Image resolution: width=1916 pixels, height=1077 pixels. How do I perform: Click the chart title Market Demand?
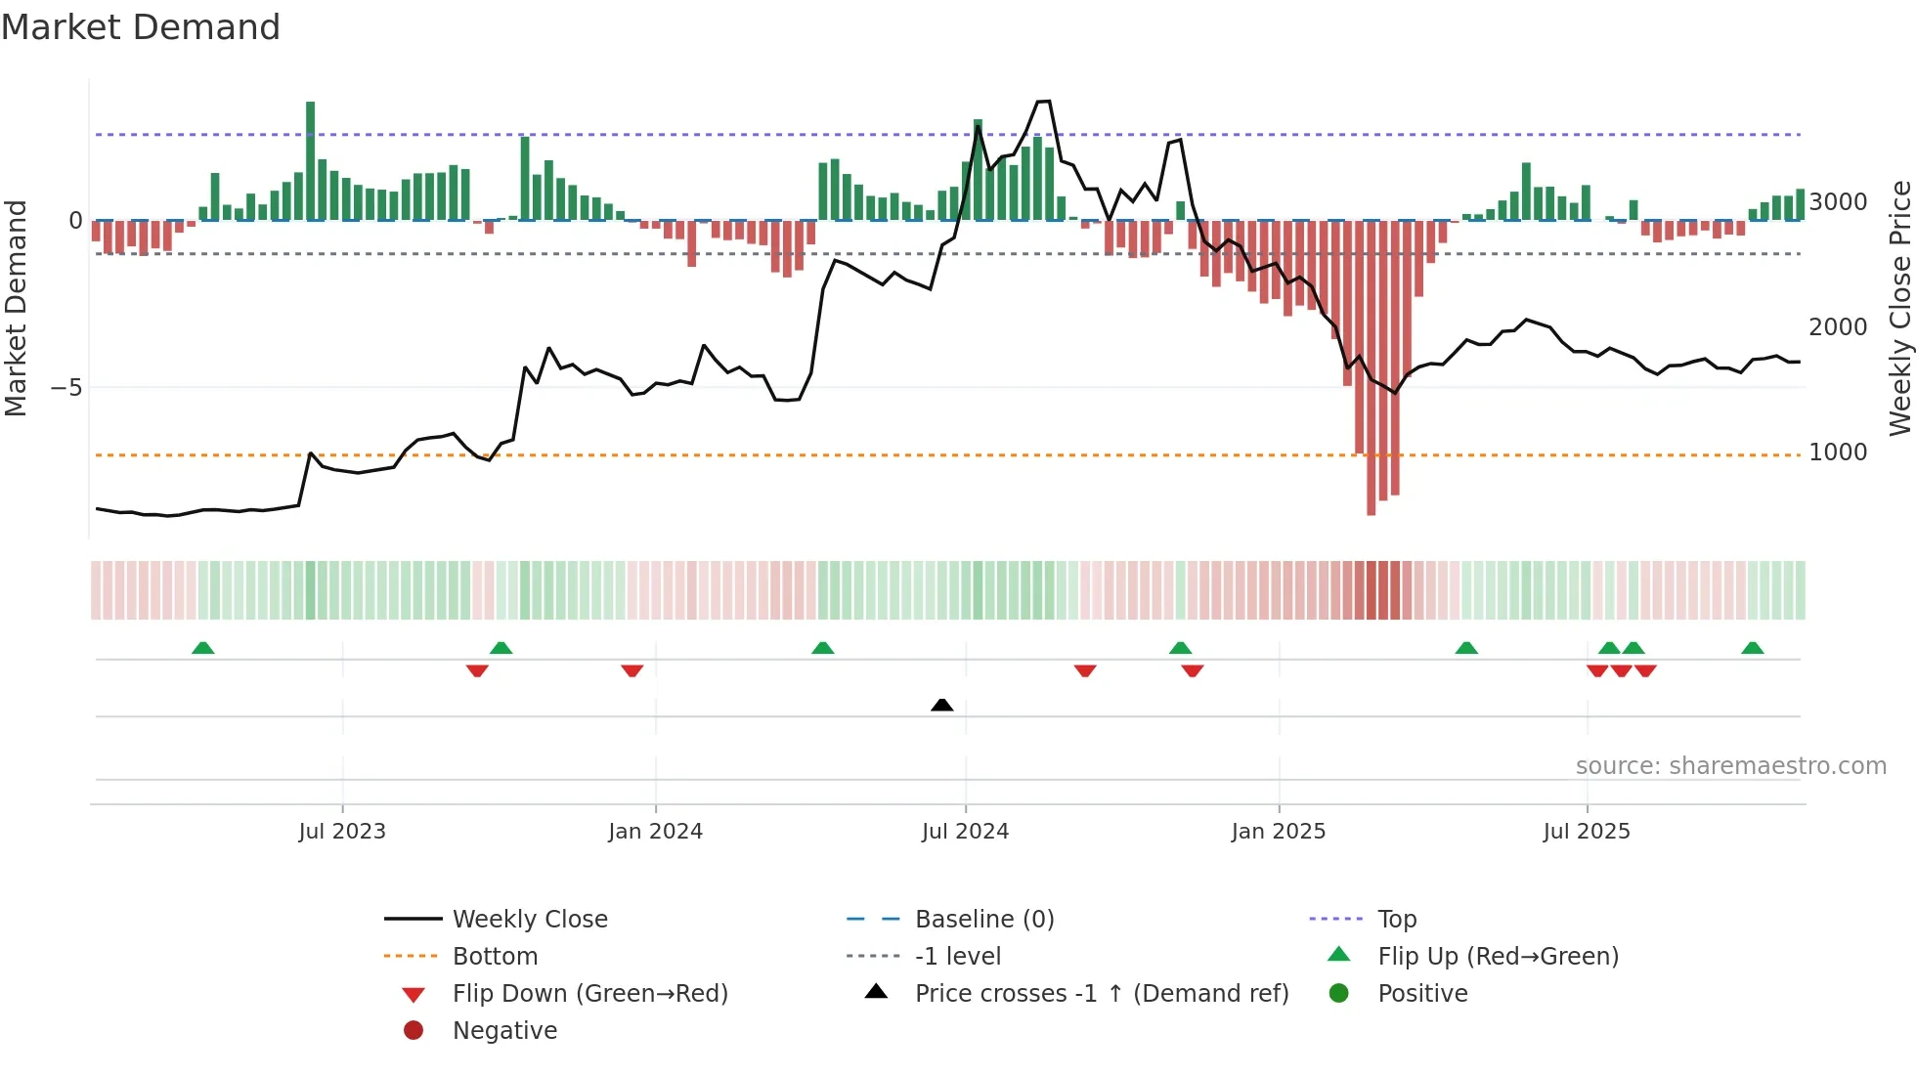[x=141, y=27]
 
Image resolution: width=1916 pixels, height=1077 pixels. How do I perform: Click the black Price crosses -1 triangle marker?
[x=941, y=705]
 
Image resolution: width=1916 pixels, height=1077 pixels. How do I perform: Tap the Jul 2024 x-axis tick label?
[x=965, y=832]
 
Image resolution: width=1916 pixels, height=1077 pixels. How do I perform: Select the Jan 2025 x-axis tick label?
[x=1278, y=832]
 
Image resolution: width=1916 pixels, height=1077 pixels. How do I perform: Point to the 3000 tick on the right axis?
[x=1838, y=202]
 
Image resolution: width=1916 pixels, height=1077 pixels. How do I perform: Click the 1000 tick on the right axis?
[x=1838, y=452]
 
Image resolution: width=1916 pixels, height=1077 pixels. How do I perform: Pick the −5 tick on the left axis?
[x=66, y=388]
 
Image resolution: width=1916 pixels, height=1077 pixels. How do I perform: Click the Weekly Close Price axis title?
[x=1899, y=308]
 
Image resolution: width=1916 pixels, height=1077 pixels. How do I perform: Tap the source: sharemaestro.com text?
[x=1730, y=766]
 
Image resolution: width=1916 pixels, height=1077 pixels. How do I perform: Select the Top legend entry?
[x=1396, y=920]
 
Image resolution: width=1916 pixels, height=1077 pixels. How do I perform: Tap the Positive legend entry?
[x=1422, y=994]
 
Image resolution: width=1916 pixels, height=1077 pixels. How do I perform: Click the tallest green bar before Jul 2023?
[x=310, y=161]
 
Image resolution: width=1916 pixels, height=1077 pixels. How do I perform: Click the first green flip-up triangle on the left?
[x=202, y=648]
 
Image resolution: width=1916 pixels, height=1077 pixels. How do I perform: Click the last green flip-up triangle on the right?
[x=1752, y=648]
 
